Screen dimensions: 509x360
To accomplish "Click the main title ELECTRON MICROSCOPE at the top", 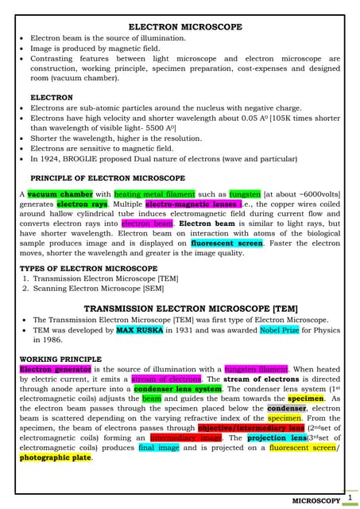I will tap(185, 27).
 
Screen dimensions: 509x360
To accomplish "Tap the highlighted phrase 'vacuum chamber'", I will tap(59, 194).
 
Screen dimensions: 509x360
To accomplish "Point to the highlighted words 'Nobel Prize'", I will tap(282, 329).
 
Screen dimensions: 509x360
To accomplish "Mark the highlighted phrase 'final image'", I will tap(158, 448).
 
